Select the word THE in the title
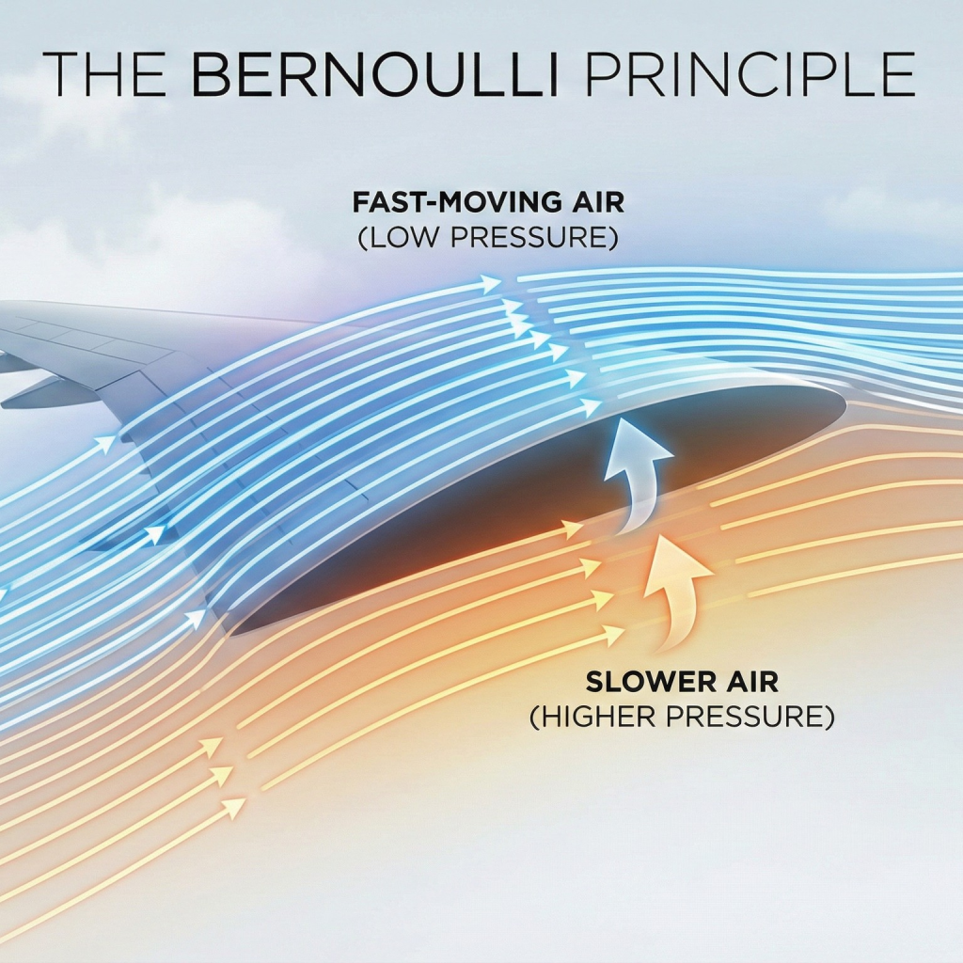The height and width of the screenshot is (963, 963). (111, 73)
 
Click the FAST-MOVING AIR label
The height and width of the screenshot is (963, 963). (488, 203)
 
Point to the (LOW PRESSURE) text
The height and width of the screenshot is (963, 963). (488, 237)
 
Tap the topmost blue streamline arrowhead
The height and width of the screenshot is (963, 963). (491, 282)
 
